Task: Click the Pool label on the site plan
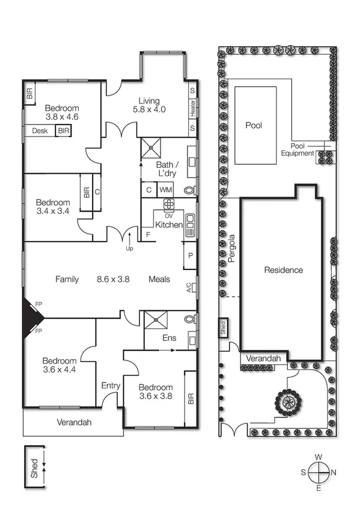pyautogui.click(x=254, y=126)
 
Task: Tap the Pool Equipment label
pyautogui.click(x=302, y=149)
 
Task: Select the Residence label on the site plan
pyautogui.click(x=284, y=270)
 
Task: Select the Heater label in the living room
pyautogui.click(x=193, y=109)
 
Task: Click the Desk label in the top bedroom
pyautogui.click(x=40, y=131)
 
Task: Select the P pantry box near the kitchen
pyautogui.click(x=191, y=256)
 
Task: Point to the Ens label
pyautogui.click(x=169, y=338)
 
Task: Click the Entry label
pyautogui.click(x=111, y=386)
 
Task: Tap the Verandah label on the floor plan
pyautogui.click(x=75, y=422)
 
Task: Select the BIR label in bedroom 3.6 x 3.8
pyautogui.click(x=191, y=398)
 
